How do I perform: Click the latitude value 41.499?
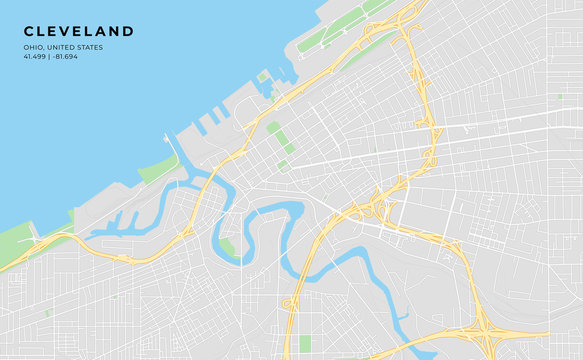click(x=35, y=56)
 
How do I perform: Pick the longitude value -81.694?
click(x=65, y=56)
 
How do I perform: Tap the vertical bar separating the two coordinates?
click(x=50, y=56)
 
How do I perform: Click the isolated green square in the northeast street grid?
click(x=532, y=97)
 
